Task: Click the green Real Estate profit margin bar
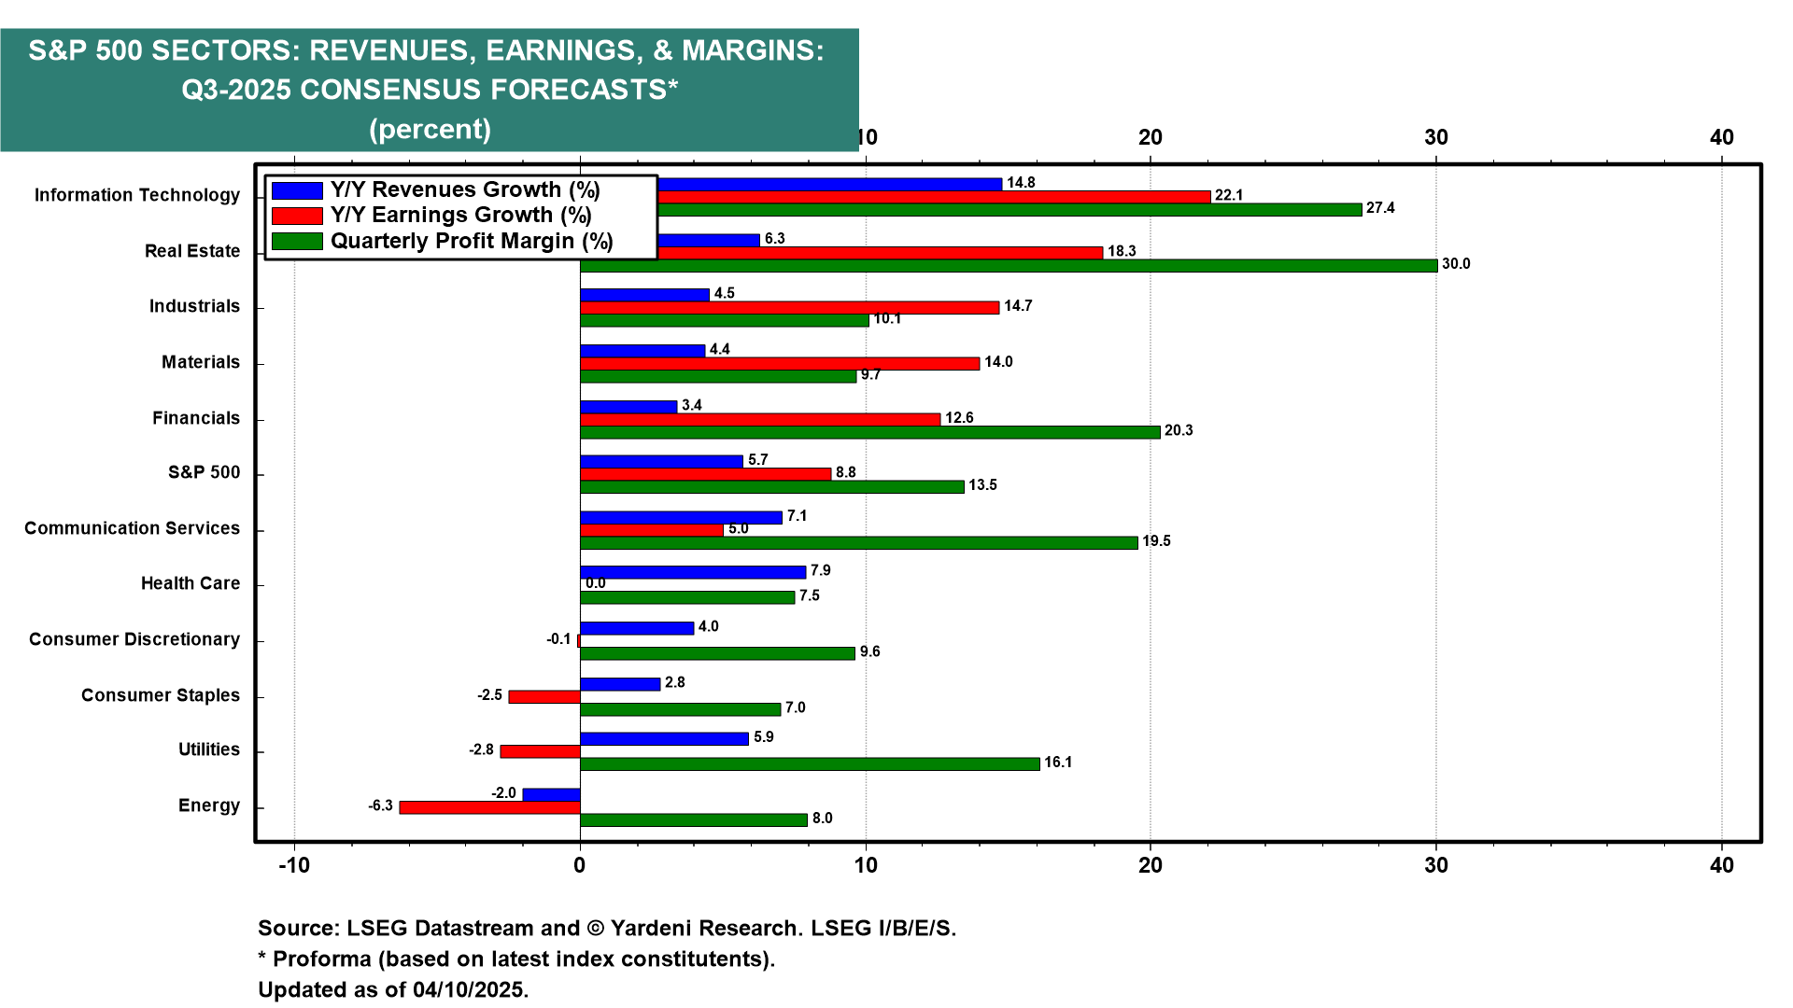(x=1009, y=265)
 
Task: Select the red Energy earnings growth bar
(x=489, y=806)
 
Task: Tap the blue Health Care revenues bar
(x=692, y=572)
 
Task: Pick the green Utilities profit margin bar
(x=810, y=763)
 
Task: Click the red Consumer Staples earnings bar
(x=544, y=696)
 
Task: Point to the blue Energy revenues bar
(x=551, y=794)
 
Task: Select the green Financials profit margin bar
(x=869, y=432)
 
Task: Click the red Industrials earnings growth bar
(x=789, y=307)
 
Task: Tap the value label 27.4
(x=1380, y=208)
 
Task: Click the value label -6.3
(x=380, y=805)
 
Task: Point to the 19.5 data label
(x=1156, y=541)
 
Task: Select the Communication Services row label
(x=132, y=528)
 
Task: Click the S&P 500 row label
(x=204, y=472)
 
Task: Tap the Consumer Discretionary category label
(x=134, y=639)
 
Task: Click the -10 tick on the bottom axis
(x=294, y=865)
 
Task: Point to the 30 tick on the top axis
(x=1436, y=137)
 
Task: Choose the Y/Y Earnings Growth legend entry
(x=460, y=216)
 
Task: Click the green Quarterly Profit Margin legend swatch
(x=297, y=242)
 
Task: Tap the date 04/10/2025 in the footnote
(x=470, y=989)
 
